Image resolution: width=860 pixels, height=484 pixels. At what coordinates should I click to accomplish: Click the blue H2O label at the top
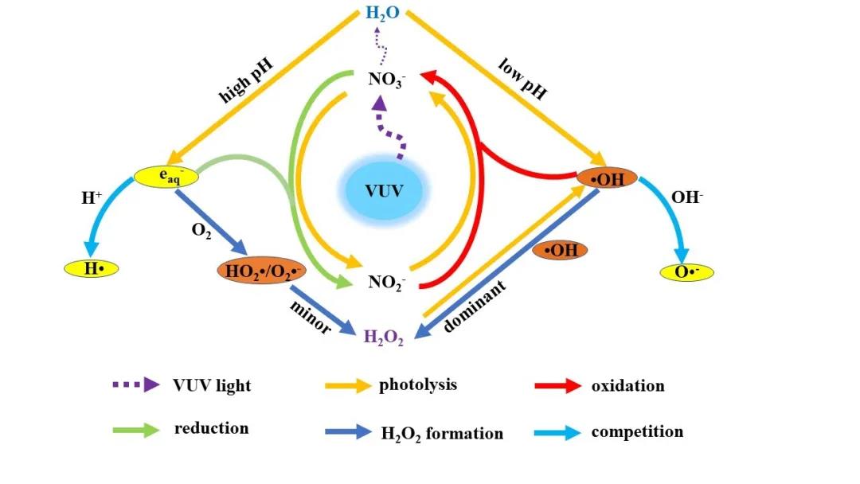pos(383,14)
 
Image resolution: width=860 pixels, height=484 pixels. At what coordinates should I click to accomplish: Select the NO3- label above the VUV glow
pos(388,79)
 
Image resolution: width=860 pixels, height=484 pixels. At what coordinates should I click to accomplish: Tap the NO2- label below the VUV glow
pos(387,282)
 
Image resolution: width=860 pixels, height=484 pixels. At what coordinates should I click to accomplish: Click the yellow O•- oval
pos(687,272)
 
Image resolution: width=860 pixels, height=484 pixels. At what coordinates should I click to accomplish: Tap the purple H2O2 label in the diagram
pos(384,338)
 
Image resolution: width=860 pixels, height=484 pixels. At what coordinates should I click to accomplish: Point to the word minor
pos(311,315)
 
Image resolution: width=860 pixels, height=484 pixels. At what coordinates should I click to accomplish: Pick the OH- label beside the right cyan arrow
pos(687,196)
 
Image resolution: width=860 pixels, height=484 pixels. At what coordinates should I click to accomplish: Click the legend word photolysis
pos(418,385)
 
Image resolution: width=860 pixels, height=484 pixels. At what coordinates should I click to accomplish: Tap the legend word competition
pos(637,432)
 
